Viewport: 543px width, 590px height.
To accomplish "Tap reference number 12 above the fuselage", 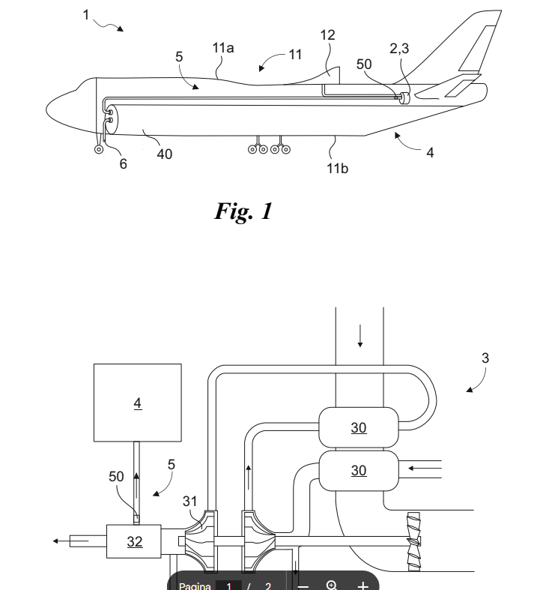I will (x=327, y=35).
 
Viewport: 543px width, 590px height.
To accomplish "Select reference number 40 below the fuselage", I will (x=164, y=154).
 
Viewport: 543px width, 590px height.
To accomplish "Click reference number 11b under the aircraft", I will (x=338, y=168).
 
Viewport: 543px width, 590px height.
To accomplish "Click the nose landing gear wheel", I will (x=99, y=150).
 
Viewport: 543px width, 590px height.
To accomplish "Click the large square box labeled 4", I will (x=137, y=403).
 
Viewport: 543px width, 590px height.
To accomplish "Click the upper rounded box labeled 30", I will (x=359, y=427).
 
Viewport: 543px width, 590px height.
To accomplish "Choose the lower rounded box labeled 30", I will (x=359, y=470).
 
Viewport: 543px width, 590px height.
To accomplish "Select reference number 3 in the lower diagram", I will (x=485, y=358).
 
